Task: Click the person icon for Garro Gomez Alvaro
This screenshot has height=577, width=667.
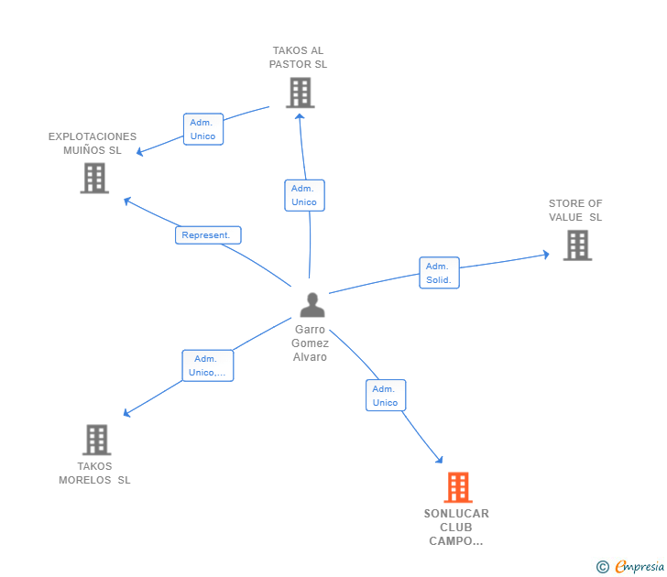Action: [312, 305]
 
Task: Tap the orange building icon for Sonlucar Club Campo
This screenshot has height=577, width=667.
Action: [458, 487]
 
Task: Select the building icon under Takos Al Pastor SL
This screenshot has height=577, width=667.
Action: [300, 93]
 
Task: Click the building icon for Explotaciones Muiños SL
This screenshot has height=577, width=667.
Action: [94, 178]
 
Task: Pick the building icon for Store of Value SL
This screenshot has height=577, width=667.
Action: [577, 245]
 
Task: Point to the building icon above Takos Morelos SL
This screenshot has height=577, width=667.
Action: [96, 440]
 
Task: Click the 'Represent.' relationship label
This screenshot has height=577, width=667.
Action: [208, 235]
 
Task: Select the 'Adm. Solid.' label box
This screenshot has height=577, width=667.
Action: [439, 273]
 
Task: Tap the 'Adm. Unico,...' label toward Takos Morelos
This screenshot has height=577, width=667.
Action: [207, 365]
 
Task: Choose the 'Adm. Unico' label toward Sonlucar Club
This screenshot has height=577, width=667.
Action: [385, 396]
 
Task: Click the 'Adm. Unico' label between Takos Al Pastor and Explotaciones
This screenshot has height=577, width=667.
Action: [202, 129]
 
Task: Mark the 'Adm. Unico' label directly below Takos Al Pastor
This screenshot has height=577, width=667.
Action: [304, 195]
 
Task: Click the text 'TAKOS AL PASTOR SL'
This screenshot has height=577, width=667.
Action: [298, 58]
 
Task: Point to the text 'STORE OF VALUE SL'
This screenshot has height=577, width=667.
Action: [575, 211]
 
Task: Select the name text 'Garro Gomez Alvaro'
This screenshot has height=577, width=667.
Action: [311, 343]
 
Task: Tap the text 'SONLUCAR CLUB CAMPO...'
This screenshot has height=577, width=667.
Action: [456, 527]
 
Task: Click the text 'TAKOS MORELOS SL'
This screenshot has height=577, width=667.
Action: [94, 473]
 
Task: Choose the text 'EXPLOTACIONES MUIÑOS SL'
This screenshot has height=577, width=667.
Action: [93, 143]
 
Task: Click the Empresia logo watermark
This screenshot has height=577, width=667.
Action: [630, 567]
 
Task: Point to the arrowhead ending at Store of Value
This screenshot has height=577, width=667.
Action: [546, 254]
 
